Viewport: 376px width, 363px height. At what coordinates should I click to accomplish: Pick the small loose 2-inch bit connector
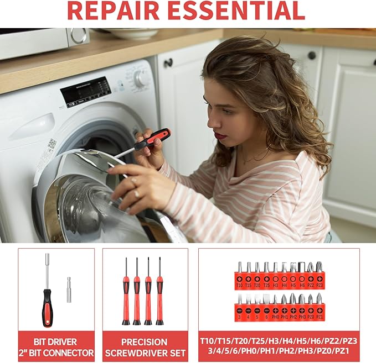point(69,290)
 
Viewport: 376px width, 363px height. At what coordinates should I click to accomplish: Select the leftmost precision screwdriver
point(126,293)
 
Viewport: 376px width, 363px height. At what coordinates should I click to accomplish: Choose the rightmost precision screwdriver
point(159,293)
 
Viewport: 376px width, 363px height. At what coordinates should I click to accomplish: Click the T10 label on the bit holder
point(239,286)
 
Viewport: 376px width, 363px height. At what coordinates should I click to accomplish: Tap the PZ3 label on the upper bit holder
point(320,286)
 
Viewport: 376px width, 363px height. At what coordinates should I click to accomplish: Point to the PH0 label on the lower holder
point(275,317)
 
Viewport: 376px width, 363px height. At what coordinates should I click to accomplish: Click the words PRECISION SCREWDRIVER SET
point(145,347)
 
